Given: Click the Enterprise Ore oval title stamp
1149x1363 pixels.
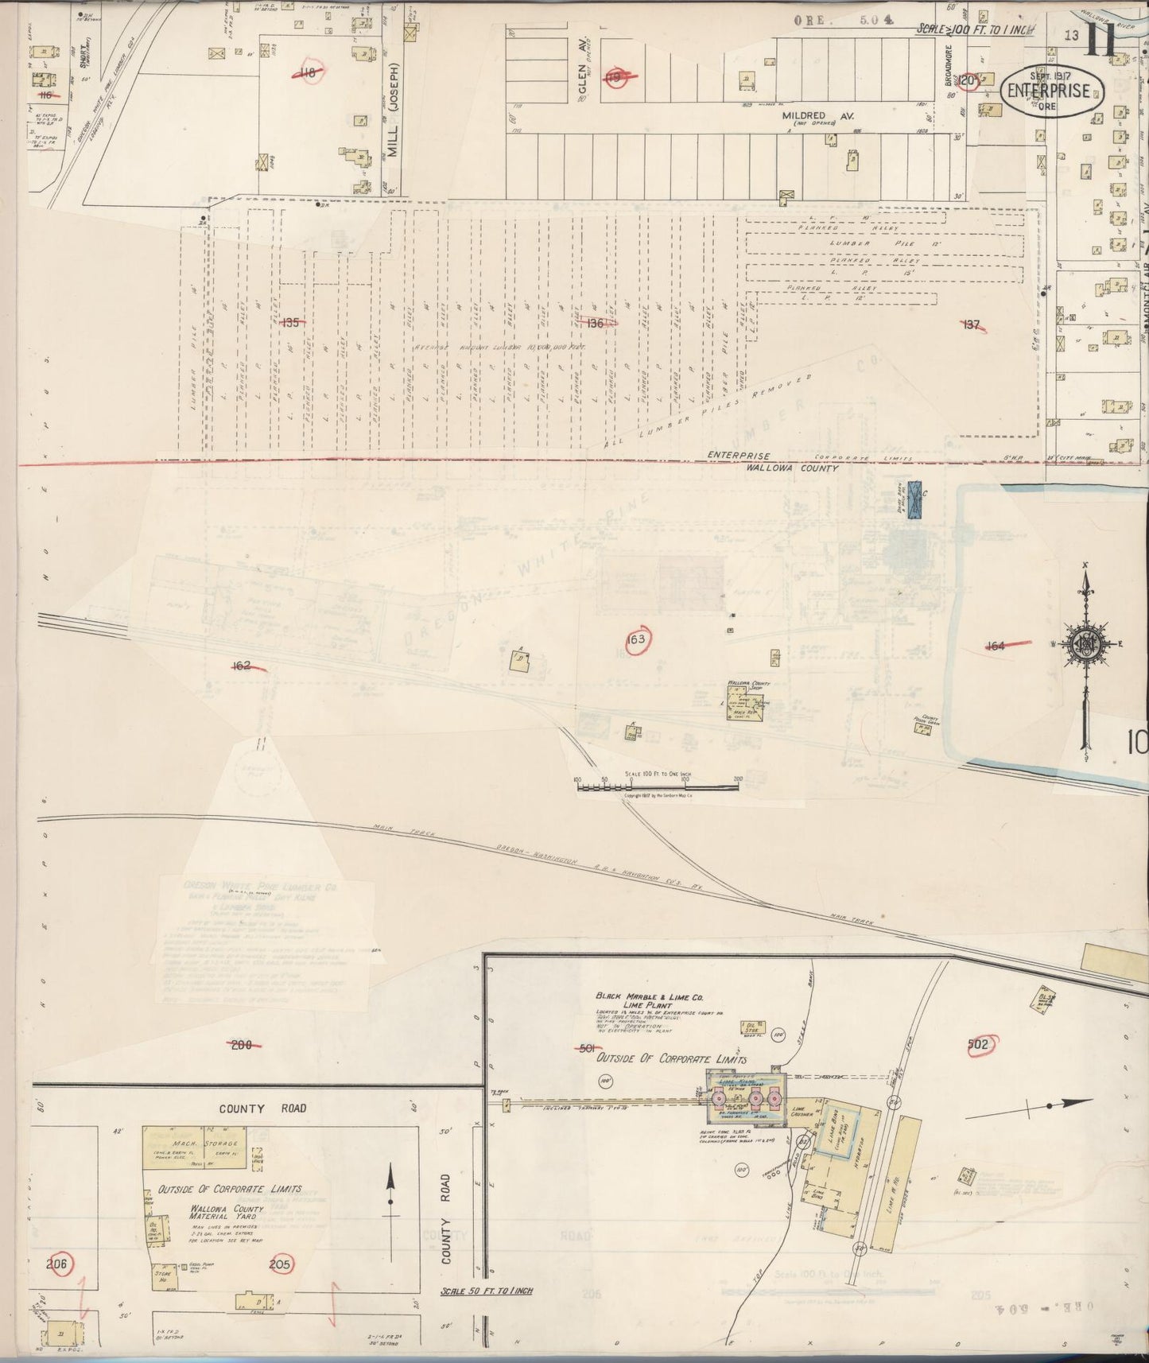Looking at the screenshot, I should tap(1054, 90).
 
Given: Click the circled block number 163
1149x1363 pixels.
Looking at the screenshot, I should tap(636, 639).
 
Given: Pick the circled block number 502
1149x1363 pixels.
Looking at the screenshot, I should tap(977, 1044).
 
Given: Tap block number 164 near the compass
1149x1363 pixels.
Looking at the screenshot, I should tap(996, 647).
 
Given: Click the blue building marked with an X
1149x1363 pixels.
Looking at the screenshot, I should tap(915, 501).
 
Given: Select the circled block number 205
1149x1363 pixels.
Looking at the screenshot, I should tap(280, 1264).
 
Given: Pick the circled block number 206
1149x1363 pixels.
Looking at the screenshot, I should tap(59, 1264).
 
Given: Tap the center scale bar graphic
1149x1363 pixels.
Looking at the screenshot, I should tap(658, 787).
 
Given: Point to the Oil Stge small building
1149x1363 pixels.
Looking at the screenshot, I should tap(748, 1027).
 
